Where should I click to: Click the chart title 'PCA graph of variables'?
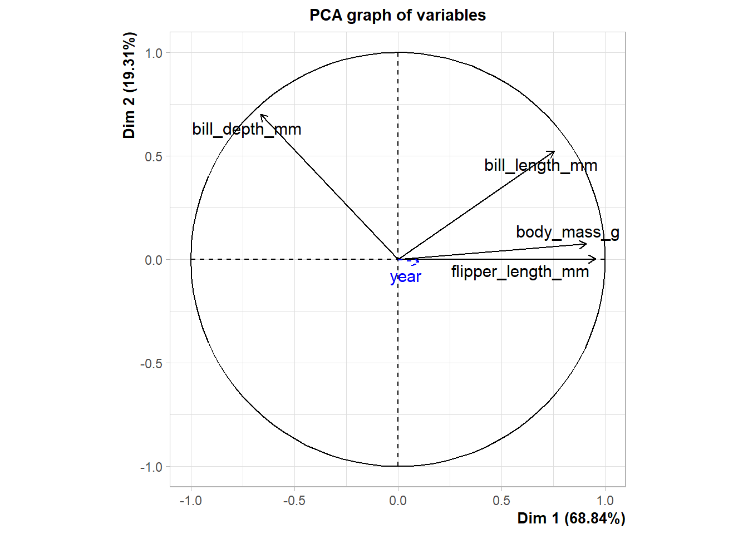[397, 15]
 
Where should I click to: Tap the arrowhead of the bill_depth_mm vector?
[262, 115]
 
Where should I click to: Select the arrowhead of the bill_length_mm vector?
[554, 151]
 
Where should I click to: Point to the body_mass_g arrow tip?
[587, 244]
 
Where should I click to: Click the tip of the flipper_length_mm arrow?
[596, 259]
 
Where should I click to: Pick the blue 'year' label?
[406, 276]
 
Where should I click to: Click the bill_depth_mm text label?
[247, 129]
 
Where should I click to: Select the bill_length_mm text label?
[540, 165]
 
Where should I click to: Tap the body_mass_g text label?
[567, 232]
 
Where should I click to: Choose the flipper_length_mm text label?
[520, 271]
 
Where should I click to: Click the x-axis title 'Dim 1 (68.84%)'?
[571, 518]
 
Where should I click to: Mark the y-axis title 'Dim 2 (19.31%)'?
[129, 85]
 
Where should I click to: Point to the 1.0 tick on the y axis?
[154, 53]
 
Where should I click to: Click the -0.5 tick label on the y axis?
[151, 363]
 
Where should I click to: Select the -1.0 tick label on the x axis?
[190, 501]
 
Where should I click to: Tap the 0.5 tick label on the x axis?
[501, 501]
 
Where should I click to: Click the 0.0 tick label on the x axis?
[398, 501]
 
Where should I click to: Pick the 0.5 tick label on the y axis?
[154, 157]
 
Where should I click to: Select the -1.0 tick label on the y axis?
[151, 467]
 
